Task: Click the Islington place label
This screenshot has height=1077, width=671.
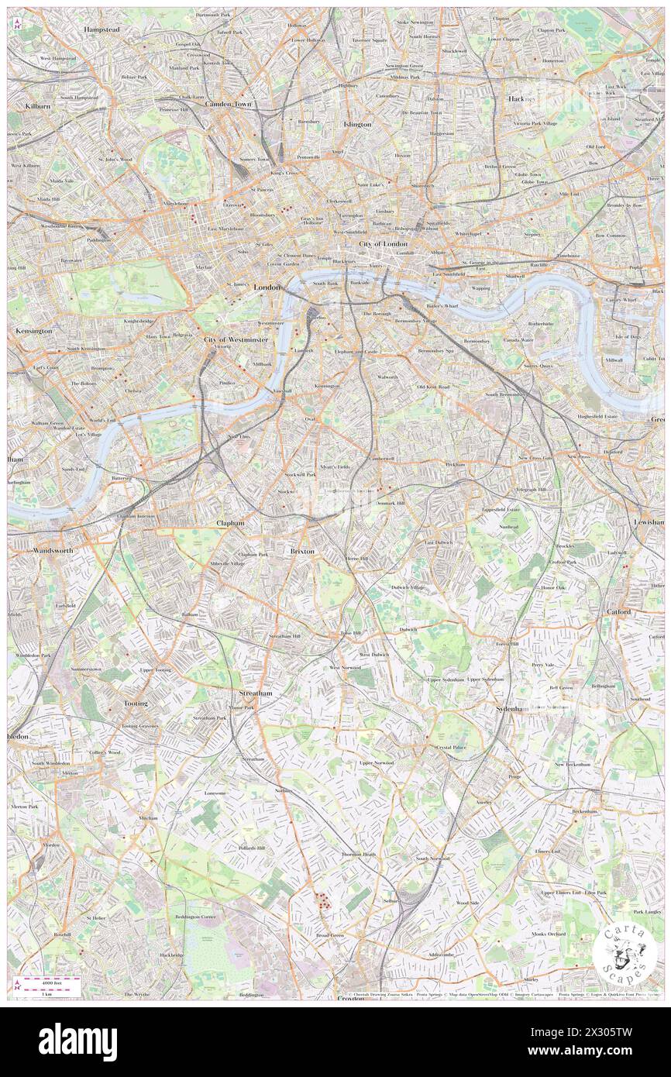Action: [x=357, y=124]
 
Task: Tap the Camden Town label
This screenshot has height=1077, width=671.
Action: [x=229, y=103]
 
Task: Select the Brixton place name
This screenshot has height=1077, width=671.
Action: [x=302, y=551]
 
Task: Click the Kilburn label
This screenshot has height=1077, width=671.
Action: [x=36, y=104]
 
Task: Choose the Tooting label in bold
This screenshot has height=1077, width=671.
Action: [x=136, y=703]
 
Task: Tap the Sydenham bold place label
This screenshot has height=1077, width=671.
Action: [x=512, y=708]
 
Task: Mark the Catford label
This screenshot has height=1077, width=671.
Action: [x=619, y=612]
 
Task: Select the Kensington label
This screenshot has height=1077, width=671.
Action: [x=34, y=331]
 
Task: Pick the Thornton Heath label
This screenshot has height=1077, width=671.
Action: [x=358, y=854]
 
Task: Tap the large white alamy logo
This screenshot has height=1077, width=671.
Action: [x=77, y=1042]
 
